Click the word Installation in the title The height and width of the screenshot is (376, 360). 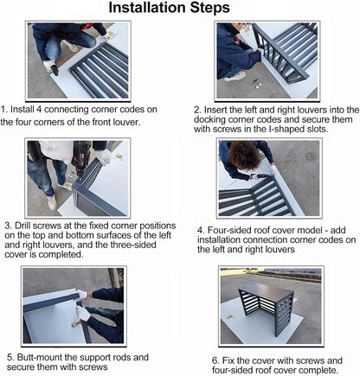coord(147,8)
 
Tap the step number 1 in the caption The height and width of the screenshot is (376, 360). coord(3,110)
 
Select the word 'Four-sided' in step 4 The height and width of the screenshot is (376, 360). coord(229,230)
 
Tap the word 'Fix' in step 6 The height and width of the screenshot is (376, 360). coord(228,360)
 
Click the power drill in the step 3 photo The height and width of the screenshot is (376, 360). coord(80,158)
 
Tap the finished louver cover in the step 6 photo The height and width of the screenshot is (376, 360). coord(267,308)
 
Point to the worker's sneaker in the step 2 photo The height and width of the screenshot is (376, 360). coord(235,76)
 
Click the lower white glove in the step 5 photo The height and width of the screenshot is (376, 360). coord(83,315)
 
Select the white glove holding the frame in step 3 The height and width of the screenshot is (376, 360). coord(103,157)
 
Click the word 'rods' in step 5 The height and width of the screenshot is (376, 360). coord(122,357)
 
